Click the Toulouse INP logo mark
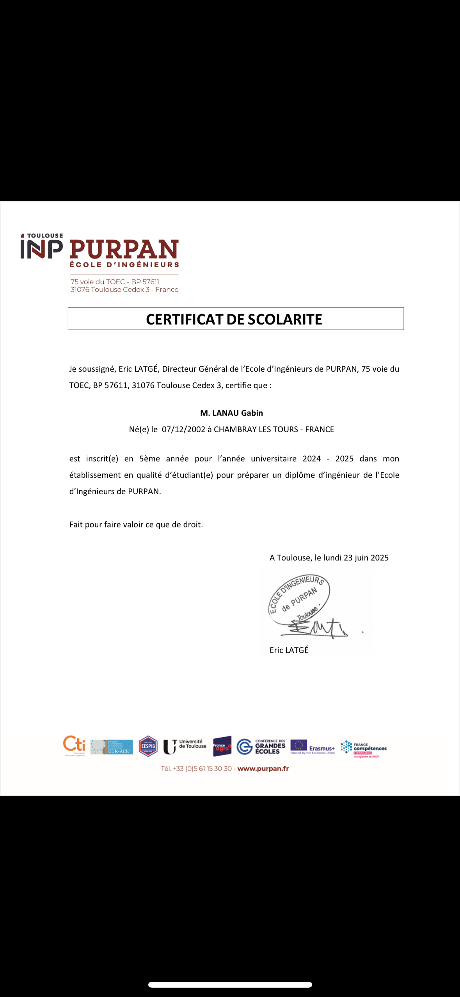[x=41, y=247]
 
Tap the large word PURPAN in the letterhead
[x=124, y=250]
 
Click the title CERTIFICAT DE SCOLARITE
[x=234, y=319]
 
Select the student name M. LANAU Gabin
[x=231, y=413]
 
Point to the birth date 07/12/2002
[x=183, y=429]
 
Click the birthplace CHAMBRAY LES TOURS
[x=256, y=429]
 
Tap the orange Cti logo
[x=74, y=745]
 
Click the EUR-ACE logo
[x=112, y=747]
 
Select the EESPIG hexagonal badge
[x=148, y=746]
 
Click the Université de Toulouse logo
[x=185, y=747]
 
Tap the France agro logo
[x=222, y=746]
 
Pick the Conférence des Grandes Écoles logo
[x=261, y=747]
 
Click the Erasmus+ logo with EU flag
[x=313, y=747]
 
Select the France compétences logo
[x=363, y=748]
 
